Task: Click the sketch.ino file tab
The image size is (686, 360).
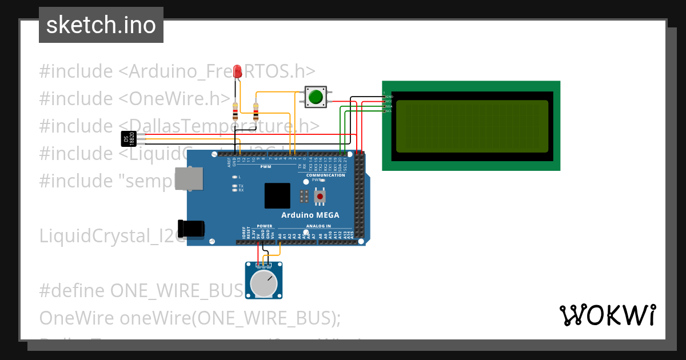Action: click(x=101, y=25)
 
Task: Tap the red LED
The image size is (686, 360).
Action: click(x=237, y=71)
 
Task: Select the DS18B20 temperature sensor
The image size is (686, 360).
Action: click(x=129, y=138)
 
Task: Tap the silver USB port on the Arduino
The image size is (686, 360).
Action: click(x=188, y=179)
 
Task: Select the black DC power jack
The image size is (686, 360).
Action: click(x=191, y=228)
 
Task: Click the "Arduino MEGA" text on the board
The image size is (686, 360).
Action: click(x=310, y=215)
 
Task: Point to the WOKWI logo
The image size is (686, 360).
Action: click(x=607, y=315)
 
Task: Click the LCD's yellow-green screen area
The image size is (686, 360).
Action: click(x=472, y=126)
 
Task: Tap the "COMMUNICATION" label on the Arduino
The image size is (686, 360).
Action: click(x=325, y=175)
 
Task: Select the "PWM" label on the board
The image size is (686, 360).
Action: click(x=265, y=167)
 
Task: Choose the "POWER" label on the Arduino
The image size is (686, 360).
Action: click(x=265, y=226)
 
